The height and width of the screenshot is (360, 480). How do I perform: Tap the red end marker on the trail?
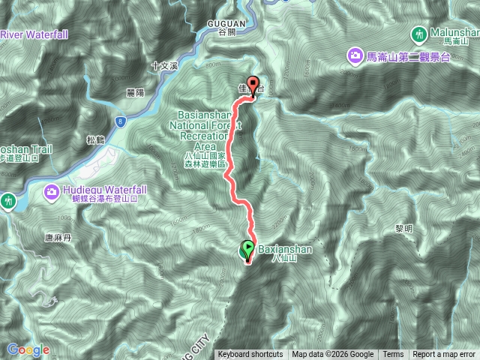(253, 85)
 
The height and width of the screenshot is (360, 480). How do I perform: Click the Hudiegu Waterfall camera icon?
(50, 190)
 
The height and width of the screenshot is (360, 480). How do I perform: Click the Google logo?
(28, 349)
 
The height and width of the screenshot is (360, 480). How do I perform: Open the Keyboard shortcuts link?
(250, 355)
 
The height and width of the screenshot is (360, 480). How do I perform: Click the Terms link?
(393, 355)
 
